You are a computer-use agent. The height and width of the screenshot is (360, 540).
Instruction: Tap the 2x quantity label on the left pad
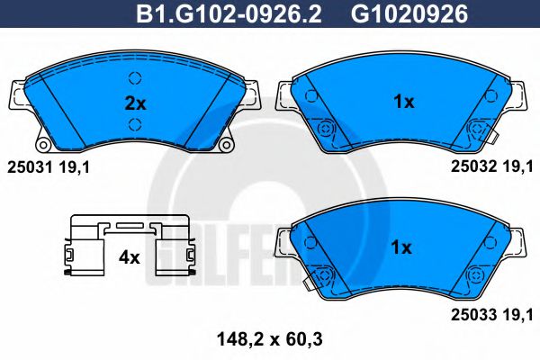[134, 103]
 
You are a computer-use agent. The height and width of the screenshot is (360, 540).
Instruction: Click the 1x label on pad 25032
[403, 103]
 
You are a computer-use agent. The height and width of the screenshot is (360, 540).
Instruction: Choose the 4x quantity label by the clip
[130, 257]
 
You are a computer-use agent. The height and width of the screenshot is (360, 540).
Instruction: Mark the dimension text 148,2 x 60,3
[271, 339]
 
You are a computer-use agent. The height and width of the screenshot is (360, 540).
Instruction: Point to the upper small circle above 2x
[135, 77]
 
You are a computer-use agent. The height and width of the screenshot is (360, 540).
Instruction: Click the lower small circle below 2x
[135, 125]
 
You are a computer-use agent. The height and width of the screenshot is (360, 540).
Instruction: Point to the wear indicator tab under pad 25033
[311, 285]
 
